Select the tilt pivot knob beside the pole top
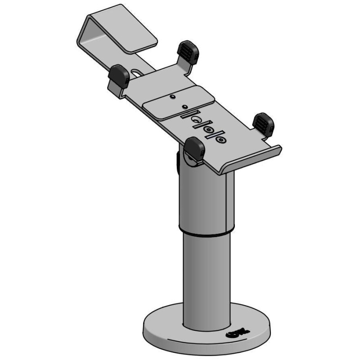point(178,160)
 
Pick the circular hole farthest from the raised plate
point(220,139)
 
